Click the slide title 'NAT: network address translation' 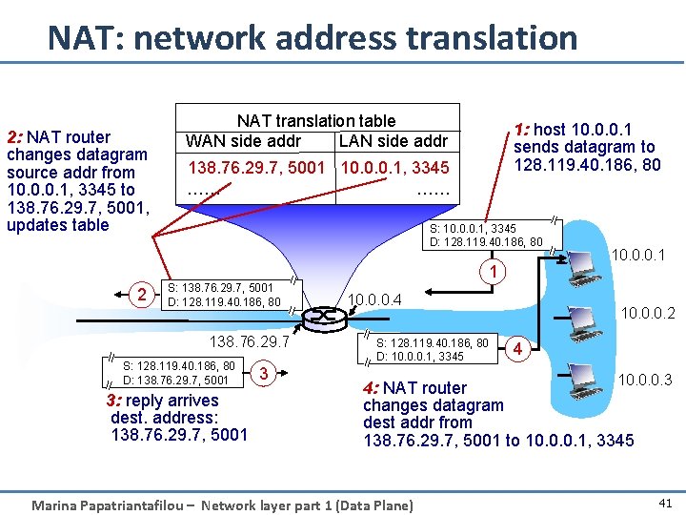tap(313, 38)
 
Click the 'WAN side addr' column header tap(243, 141)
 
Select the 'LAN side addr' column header tap(393, 141)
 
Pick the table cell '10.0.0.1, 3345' tap(394, 169)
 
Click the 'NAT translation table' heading tap(315, 120)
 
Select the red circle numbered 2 tap(141, 295)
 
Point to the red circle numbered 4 tap(518, 349)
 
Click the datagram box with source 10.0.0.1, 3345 tap(486, 235)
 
